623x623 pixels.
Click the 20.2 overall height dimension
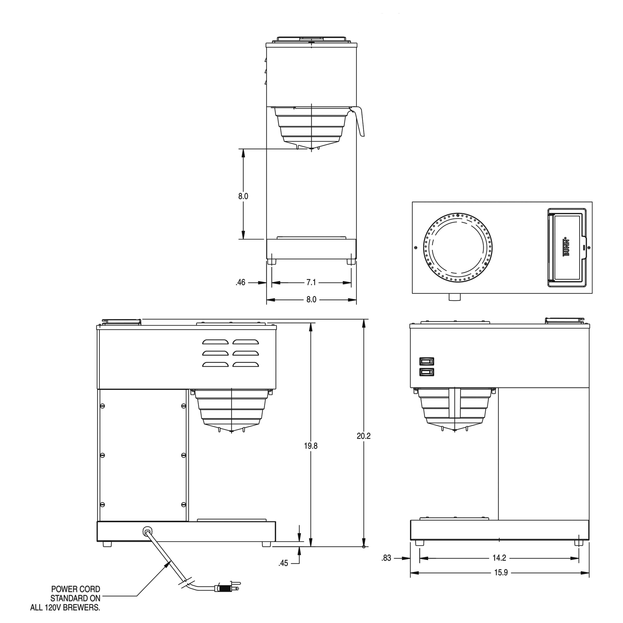click(x=363, y=436)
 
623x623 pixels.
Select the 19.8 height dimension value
click(x=310, y=446)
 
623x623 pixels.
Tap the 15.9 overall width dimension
click(x=501, y=572)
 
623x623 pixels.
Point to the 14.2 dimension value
click(x=499, y=558)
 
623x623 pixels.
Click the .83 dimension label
click(x=386, y=558)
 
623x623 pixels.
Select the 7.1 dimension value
click(x=311, y=282)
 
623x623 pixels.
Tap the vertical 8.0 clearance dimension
click(x=243, y=196)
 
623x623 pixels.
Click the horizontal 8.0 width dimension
click(x=311, y=300)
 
